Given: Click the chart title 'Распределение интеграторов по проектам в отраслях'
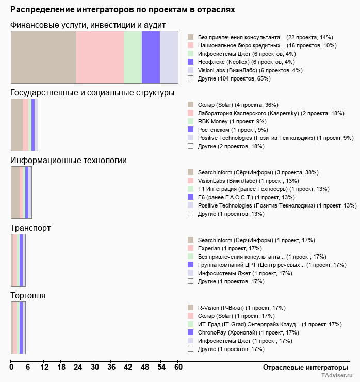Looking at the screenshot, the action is (122, 10).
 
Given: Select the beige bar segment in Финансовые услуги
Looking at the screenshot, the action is (44, 57).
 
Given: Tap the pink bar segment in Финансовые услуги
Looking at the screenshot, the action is (100, 57).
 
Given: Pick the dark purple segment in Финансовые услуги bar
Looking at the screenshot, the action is (151, 57).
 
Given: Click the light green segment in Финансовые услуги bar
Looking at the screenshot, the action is (133, 57).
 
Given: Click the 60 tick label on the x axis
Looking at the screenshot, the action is (178, 367).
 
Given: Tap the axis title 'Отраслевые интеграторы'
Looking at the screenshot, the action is (305, 368).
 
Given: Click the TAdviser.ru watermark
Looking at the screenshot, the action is (337, 375).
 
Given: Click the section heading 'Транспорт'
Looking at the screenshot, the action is (30, 228).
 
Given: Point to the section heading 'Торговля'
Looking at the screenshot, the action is (28, 295).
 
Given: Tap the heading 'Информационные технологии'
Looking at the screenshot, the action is (69, 161).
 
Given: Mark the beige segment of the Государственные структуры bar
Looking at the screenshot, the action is (17, 125).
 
